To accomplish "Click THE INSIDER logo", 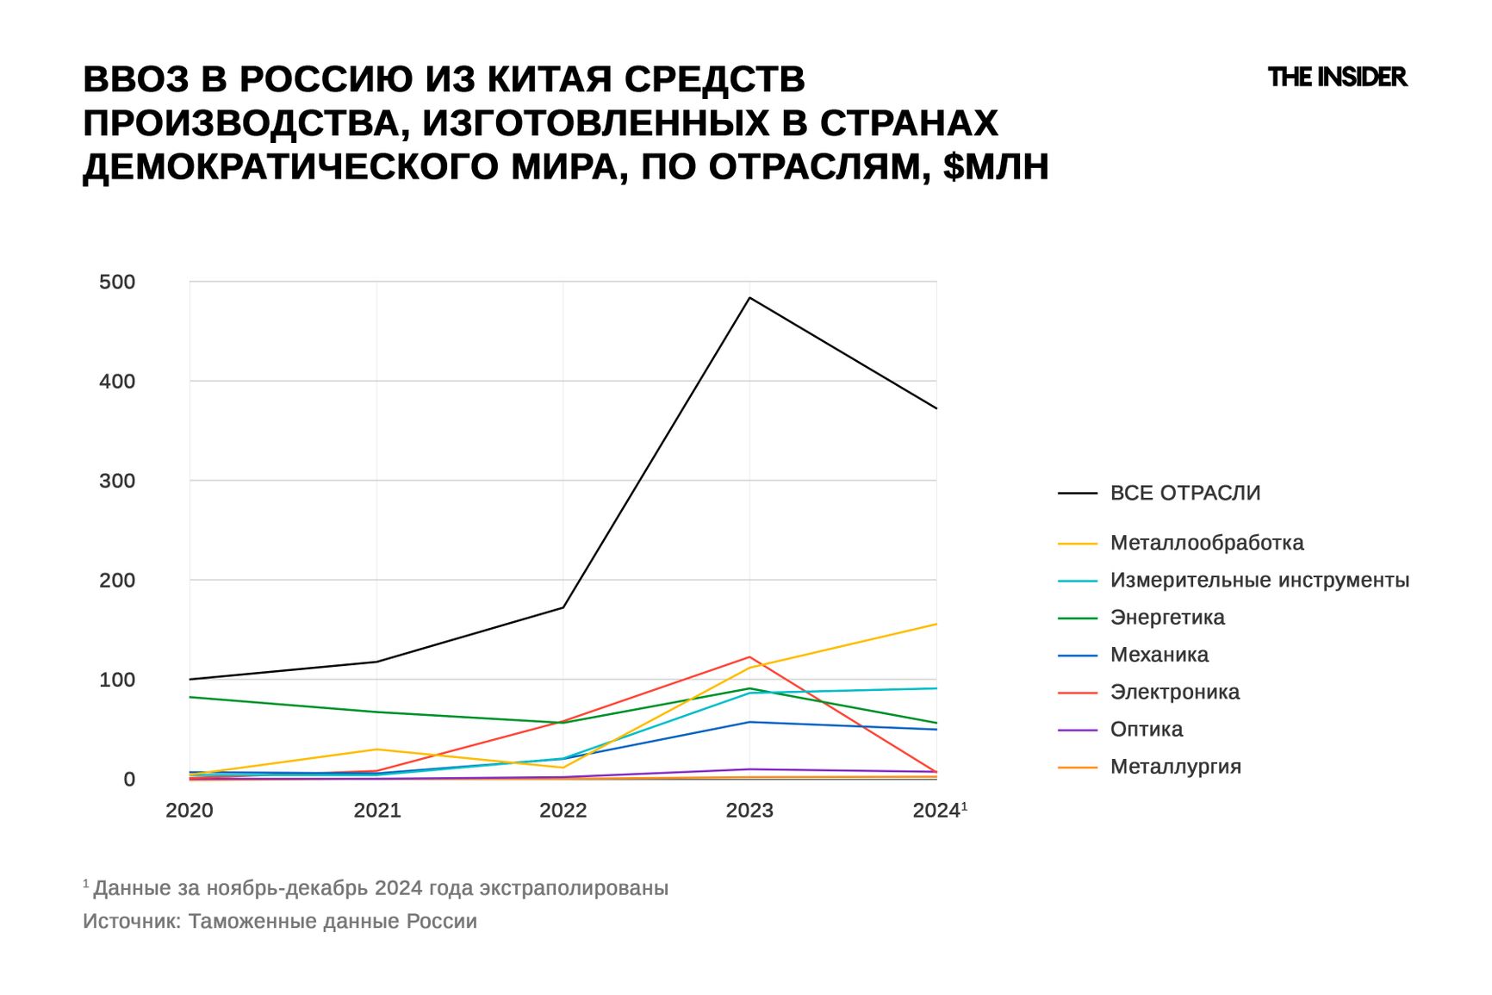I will [x=1337, y=78].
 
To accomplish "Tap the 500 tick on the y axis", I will [x=117, y=282].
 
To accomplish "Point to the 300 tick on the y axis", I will [x=117, y=481].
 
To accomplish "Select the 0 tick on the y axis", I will [x=129, y=780].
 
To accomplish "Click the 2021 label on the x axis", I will [x=376, y=811].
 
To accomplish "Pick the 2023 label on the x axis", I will [x=749, y=811].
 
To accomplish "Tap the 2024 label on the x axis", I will [x=936, y=811].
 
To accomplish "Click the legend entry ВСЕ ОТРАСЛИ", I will [x=1184, y=493].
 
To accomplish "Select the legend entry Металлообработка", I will [x=1206, y=543].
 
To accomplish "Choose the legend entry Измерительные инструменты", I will [x=1259, y=580].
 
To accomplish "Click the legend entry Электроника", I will [x=1174, y=692].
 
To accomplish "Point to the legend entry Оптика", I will [x=1146, y=730].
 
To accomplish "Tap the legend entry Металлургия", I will [x=1175, y=767].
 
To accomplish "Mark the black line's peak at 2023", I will [x=749, y=298].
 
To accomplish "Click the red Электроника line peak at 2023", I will [x=749, y=657].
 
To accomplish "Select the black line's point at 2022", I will [x=563, y=607].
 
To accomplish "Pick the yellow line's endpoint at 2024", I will [x=936, y=624].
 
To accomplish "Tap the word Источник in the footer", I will [x=131, y=922].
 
